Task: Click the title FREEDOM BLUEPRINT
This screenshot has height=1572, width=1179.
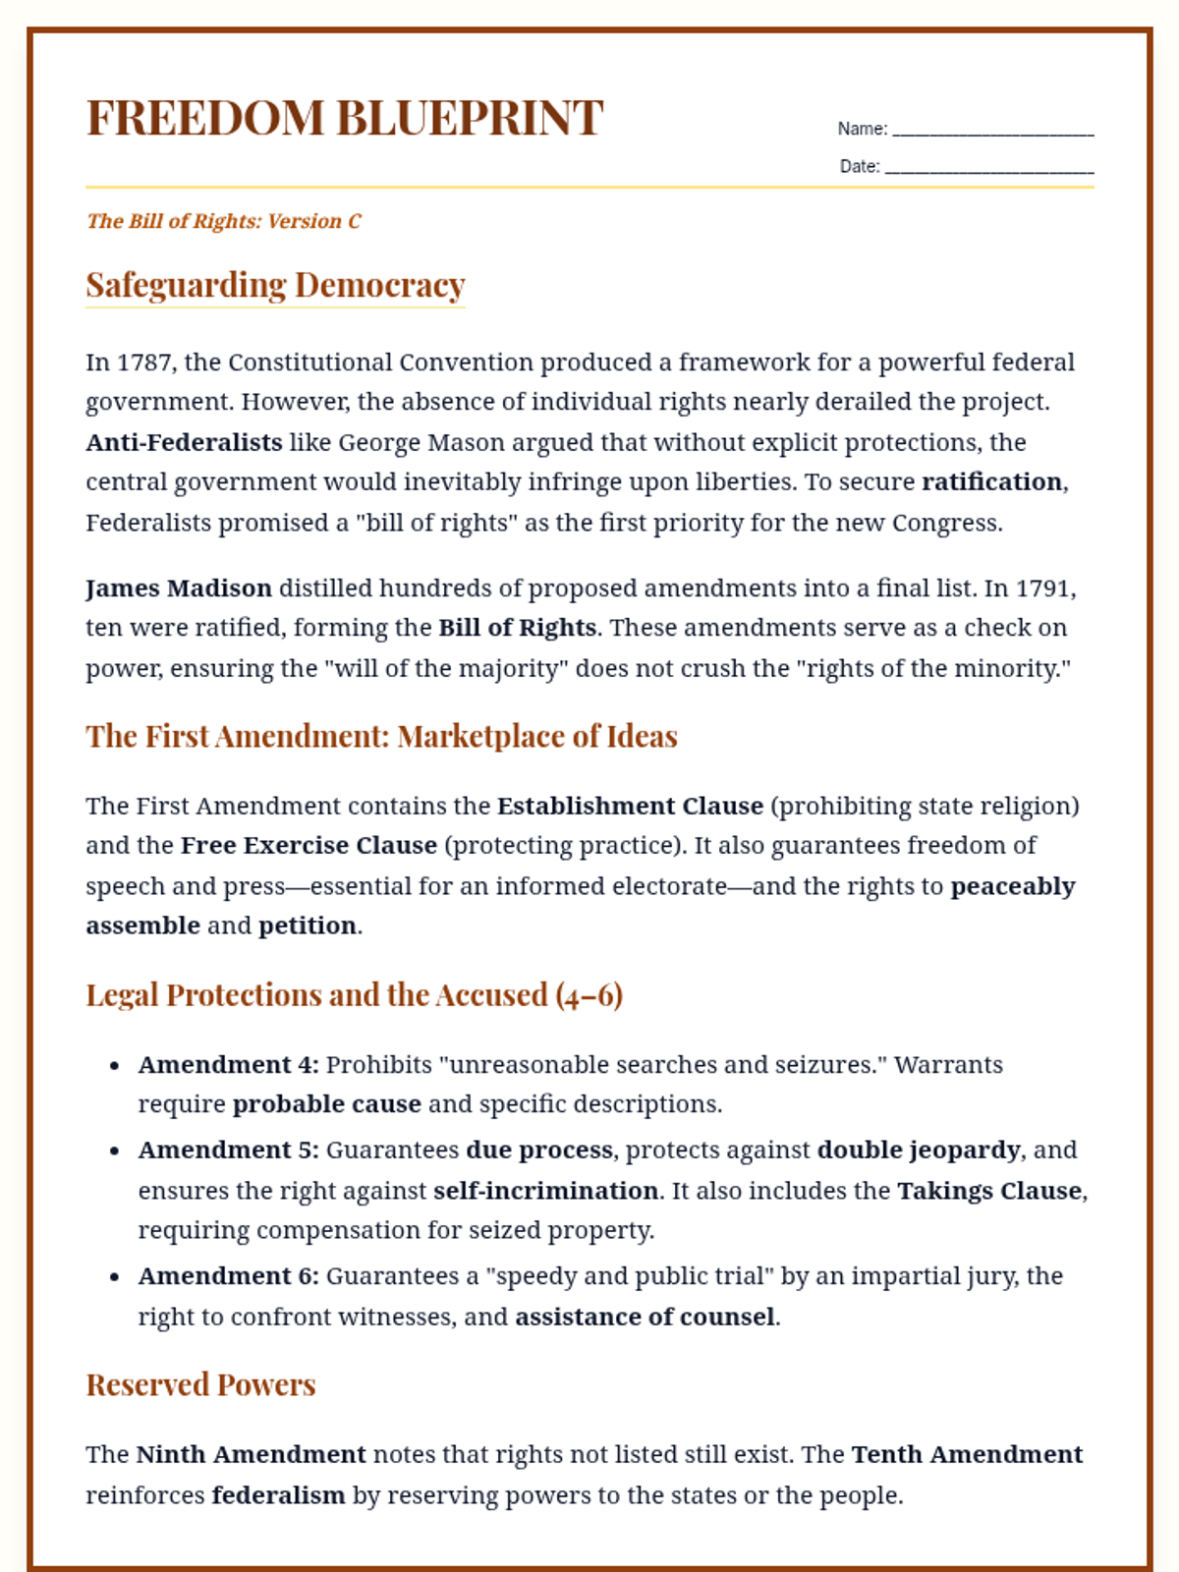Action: click(x=344, y=118)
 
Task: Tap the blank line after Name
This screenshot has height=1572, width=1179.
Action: click(x=992, y=131)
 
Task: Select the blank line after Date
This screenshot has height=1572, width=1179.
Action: click(x=989, y=169)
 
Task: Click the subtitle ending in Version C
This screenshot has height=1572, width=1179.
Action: click(x=224, y=221)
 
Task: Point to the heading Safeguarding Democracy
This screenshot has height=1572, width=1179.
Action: click(x=275, y=285)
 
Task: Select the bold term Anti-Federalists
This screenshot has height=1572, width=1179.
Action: click(x=184, y=442)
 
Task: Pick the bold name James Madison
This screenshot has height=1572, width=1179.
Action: click(x=179, y=589)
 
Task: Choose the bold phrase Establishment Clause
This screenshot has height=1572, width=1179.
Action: click(x=630, y=806)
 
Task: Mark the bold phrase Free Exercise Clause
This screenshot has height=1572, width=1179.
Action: click(x=309, y=846)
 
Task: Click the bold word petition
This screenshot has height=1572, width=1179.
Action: click(x=308, y=926)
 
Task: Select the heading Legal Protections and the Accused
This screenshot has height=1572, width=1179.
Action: click(x=354, y=995)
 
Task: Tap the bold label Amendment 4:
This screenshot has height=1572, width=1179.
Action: click(x=228, y=1065)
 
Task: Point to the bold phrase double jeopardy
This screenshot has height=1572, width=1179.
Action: click(x=918, y=1150)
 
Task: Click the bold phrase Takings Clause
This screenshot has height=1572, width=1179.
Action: click(x=988, y=1191)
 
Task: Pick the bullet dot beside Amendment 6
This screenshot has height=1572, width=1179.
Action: click(x=115, y=1277)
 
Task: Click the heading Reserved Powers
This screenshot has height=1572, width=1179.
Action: click(x=200, y=1384)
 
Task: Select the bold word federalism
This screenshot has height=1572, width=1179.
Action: click(x=278, y=1495)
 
